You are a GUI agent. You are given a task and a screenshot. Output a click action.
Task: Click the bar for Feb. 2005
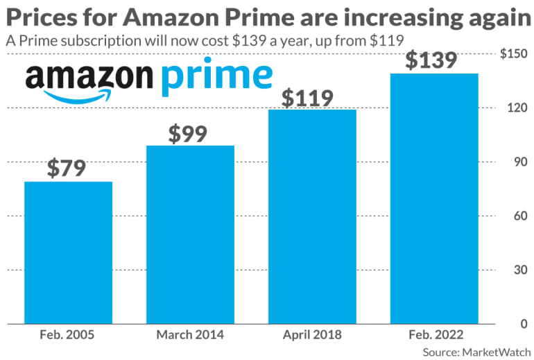[68, 252]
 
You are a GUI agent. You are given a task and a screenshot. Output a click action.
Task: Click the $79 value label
[68, 169]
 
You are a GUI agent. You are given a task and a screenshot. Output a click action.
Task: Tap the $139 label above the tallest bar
[431, 60]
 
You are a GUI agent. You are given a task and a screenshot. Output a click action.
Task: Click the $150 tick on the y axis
[513, 54]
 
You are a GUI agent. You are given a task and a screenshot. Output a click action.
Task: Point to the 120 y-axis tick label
[515, 108]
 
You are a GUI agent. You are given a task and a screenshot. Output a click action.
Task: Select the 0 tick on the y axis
[521, 323]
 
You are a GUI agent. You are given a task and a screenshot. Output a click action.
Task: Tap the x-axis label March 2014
[190, 335]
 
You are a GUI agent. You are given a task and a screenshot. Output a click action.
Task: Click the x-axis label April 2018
[312, 335]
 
